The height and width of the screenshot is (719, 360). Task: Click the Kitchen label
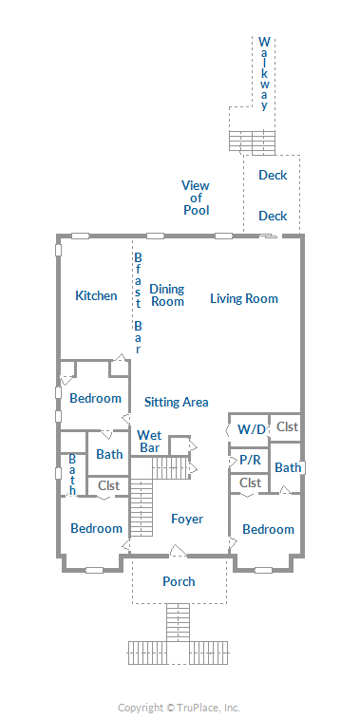[x=96, y=295]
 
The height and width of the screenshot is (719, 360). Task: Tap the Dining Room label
[x=167, y=295]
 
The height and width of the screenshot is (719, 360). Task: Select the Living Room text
[x=244, y=298]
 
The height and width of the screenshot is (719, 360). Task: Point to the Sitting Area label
[x=177, y=402]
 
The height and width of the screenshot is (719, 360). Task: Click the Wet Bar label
[x=149, y=441]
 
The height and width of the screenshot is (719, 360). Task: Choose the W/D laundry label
[x=252, y=429]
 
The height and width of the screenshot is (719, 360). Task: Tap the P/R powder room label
[x=250, y=460]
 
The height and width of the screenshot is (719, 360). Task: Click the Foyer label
[x=187, y=520]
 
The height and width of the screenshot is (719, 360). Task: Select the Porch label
[x=179, y=581]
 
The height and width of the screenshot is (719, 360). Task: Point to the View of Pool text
[x=197, y=198]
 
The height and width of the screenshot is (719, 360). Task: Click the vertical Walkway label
[x=264, y=73]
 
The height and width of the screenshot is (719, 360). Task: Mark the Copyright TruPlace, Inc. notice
[x=179, y=708]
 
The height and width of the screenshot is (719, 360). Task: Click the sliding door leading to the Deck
[x=268, y=237]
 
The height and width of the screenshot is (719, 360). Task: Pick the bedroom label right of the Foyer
[x=268, y=530]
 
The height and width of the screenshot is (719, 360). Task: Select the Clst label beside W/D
[x=288, y=426]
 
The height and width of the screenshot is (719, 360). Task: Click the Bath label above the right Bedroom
[x=288, y=467]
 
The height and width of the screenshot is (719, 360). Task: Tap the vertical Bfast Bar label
[x=138, y=303]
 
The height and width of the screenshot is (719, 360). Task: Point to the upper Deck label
[x=273, y=175]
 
